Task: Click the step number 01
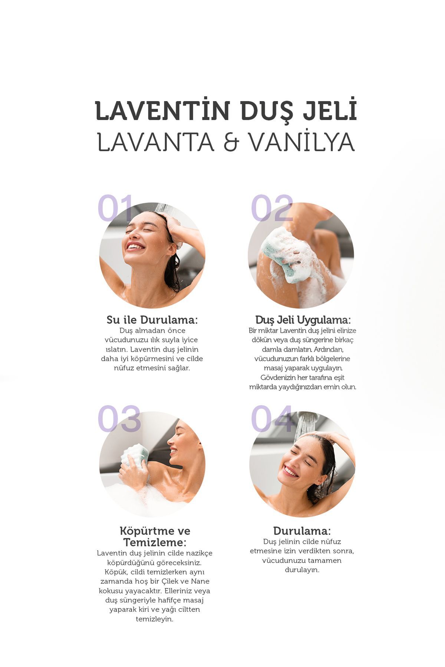coord(115,208)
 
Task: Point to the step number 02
coord(272,208)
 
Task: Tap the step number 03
coord(119,418)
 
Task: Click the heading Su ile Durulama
coord(152,320)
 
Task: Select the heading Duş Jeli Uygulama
coord(303,320)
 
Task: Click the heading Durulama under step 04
coord(302,531)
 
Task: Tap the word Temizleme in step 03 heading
coord(155,542)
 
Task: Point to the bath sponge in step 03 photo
coord(135,456)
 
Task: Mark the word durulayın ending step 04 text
coord(302,570)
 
